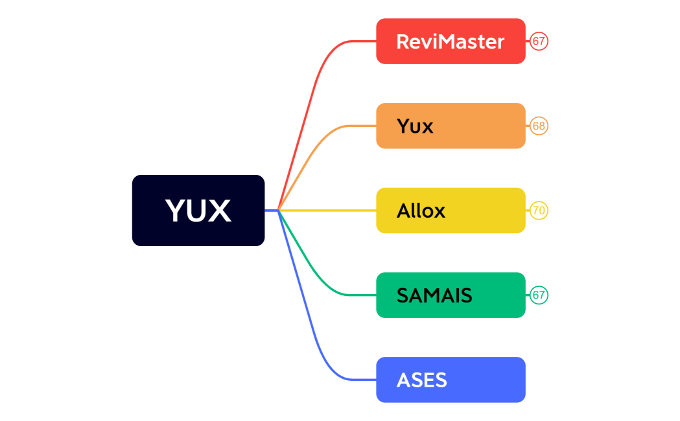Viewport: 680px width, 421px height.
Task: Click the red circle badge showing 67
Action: pos(539,41)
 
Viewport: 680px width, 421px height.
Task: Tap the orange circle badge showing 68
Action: pos(539,126)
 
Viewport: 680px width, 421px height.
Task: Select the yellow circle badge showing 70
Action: pos(539,210)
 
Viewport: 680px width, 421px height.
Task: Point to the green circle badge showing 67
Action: pos(539,295)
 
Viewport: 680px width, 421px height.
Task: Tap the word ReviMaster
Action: pos(450,41)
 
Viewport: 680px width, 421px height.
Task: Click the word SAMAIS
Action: pos(434,295)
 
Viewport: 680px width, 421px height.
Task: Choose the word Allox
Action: pos(421,210)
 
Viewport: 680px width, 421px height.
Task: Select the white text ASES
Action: pos(421,380)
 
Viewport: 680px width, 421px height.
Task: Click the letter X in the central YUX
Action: pos(218,210)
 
